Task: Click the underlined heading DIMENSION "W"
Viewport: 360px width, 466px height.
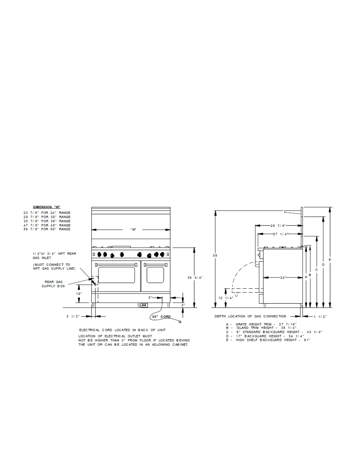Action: [46, 207]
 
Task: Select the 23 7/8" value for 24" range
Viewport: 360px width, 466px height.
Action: [31, 213]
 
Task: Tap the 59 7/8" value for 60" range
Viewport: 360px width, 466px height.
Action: [31, 229]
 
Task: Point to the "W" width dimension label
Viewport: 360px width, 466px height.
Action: [133, 229]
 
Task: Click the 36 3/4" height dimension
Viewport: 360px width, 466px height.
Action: [195, 278]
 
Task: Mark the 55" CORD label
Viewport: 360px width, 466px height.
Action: [161, 317]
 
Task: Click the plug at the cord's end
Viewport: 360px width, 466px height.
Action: [180, 322]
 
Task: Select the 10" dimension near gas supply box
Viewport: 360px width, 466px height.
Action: [79, 294]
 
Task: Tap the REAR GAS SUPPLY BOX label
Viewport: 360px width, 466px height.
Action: [53, 284]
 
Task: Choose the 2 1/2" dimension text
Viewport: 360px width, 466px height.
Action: [73, 316]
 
